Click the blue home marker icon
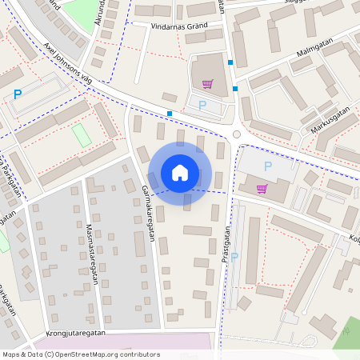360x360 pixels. [180, 173]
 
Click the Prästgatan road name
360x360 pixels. [226, 248]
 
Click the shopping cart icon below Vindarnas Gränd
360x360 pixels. [207, 84]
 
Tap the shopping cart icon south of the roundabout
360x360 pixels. [262, 189]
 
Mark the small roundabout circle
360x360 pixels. [236, 134]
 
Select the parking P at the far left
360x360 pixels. [18, 94]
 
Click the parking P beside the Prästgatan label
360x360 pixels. [235, 257]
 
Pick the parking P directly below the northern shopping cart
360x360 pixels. [202, 105]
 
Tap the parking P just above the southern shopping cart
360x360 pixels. [267, 166]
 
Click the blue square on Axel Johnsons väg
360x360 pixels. [170, 114]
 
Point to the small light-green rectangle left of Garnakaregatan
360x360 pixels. [82, 135]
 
